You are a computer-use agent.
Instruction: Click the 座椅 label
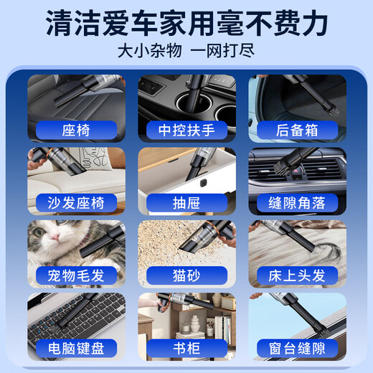coord(76,130)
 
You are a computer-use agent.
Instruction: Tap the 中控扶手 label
coord(186,130)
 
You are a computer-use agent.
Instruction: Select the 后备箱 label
coord(296,130)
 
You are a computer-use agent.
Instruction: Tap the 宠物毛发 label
coord(76,275)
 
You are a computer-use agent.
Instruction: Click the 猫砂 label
coord(186,275)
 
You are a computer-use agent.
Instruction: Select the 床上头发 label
coord(296,275)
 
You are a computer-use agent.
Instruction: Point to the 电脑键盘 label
coord(76,348)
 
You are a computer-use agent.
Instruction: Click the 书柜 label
coord(186,348)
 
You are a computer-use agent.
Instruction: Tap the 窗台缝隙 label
coord(296,348)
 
